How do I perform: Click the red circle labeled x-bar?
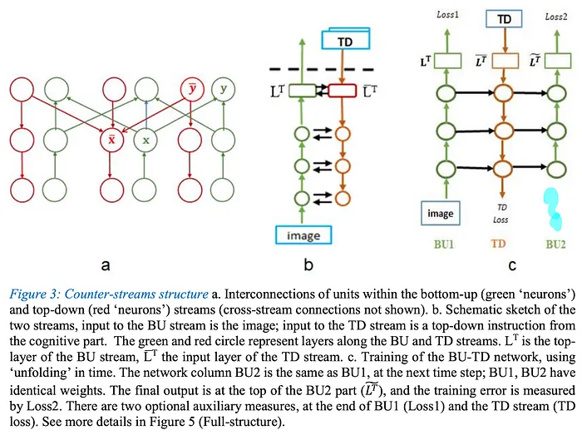(111, 140)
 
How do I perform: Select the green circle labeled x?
(145, 140)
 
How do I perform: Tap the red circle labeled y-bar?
(191, 90)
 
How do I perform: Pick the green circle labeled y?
(223, 90)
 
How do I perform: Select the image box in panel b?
(303, 235)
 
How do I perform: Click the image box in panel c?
(440, 214)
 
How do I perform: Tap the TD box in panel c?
(504, 19)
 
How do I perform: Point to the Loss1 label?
(447, 14)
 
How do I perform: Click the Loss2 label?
(556, 17)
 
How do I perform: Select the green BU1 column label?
(443, 245)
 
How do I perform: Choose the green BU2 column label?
(555, 245)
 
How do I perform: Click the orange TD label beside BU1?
(499, 244)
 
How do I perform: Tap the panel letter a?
(106, 265)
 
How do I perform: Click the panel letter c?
(512, 265)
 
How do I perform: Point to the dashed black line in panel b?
(321, 69)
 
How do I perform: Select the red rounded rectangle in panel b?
(343, 91)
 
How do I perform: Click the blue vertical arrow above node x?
(146, 114)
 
